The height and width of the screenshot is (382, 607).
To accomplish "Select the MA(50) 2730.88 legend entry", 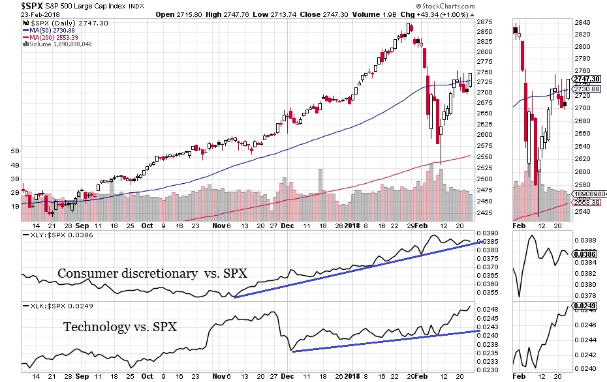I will (55, 30).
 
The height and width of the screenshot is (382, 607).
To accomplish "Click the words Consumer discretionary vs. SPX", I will (152, 274).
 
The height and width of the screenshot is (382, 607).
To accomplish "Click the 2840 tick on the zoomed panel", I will (582, 23).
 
